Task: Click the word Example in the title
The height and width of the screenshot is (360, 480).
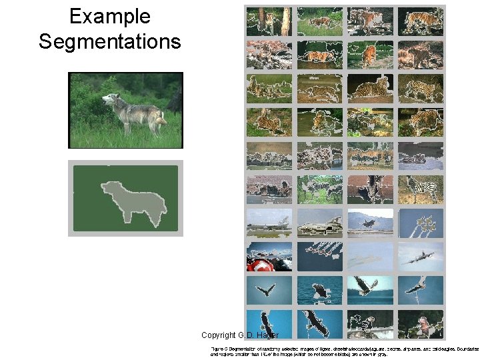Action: tap(109, 17)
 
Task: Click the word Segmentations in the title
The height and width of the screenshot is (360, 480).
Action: tap(109, 41)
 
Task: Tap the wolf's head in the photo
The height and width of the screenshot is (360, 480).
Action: tap(111, 101)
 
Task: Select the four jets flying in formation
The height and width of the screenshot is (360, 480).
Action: tap(320, 256)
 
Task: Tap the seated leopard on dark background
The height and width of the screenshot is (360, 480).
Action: tap(371, 87)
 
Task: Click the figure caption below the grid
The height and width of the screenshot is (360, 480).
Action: tap(343, 351)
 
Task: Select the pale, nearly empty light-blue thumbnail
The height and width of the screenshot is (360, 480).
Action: tap(370, 256)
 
